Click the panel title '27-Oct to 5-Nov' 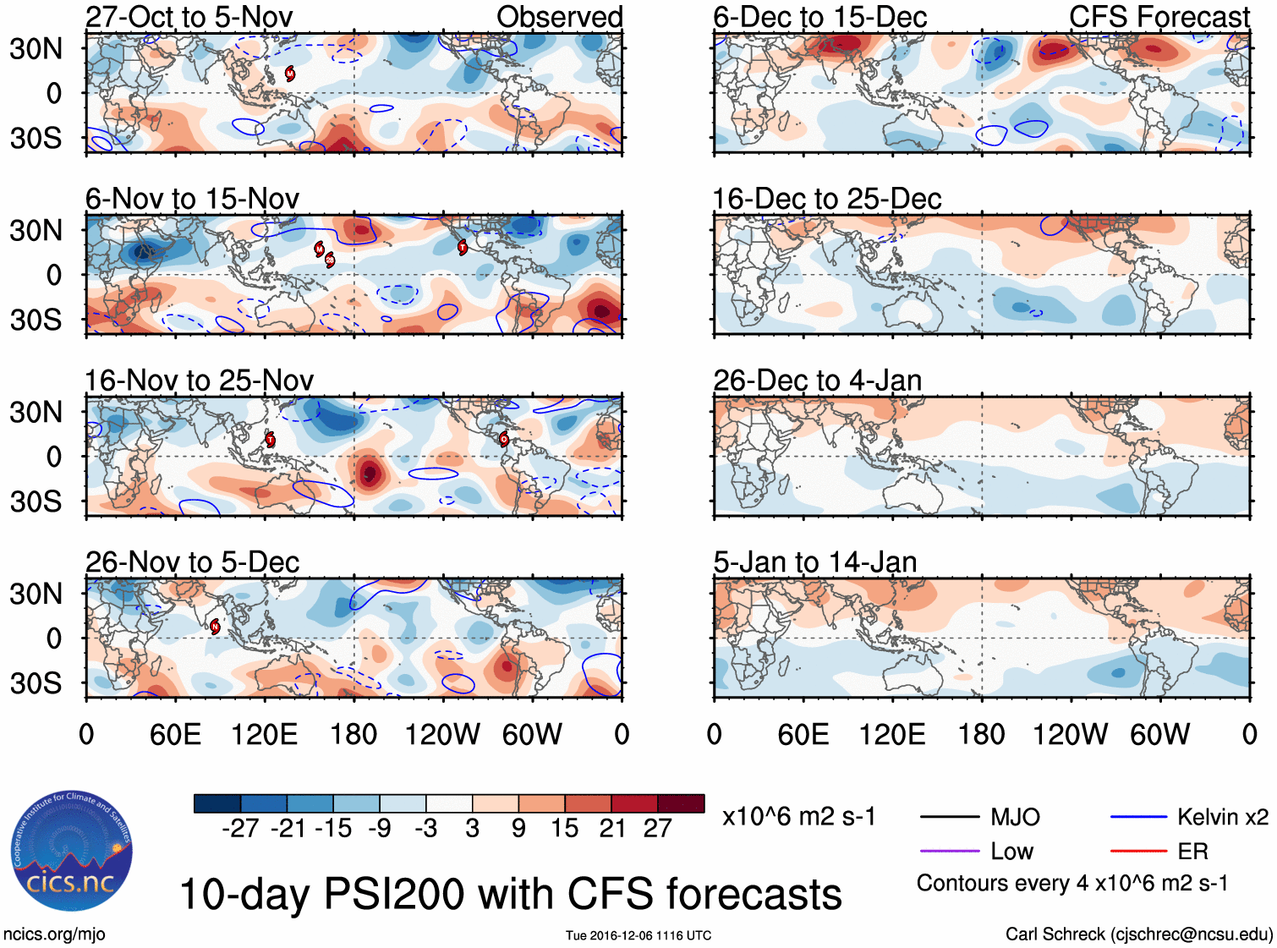(189, 17)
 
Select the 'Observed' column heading (559, 17)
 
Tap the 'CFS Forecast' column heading (1159, 17)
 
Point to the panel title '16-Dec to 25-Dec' (826, 200)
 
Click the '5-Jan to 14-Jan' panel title (814, 562)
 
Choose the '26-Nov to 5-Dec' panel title (192, 562)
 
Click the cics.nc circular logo (71, 851)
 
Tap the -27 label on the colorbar (240, 829)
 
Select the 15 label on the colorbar (564, 829)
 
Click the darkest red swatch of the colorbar (681, 803)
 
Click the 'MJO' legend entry (1015, 817)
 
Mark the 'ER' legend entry (1192, 852)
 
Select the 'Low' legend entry (1011, 852)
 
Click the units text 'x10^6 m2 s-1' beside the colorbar (798, 817)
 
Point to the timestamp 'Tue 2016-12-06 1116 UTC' (638, 935)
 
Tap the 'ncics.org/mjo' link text (54, 934)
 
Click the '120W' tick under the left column (442, 734)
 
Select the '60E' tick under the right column (803, 734)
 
